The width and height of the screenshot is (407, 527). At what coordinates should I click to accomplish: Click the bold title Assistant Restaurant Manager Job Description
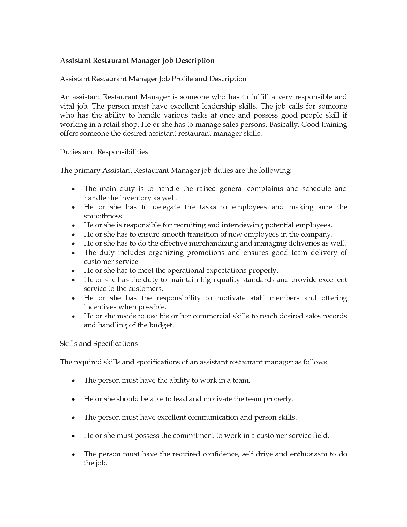click(137, 61)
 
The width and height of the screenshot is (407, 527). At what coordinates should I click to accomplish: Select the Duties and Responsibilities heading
click(104, 152)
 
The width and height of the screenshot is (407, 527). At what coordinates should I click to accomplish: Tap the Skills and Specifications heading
click(99, 344)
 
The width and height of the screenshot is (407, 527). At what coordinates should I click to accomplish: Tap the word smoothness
click(103, 216)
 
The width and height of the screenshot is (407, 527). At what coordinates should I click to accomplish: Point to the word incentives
click(100, 307)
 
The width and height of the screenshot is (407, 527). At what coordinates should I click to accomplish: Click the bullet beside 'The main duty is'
click(73, 189)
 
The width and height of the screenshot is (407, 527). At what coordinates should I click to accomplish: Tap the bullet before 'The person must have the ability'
click(73, 381)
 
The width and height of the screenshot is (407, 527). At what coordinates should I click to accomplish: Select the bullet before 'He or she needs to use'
click(73, 317)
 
